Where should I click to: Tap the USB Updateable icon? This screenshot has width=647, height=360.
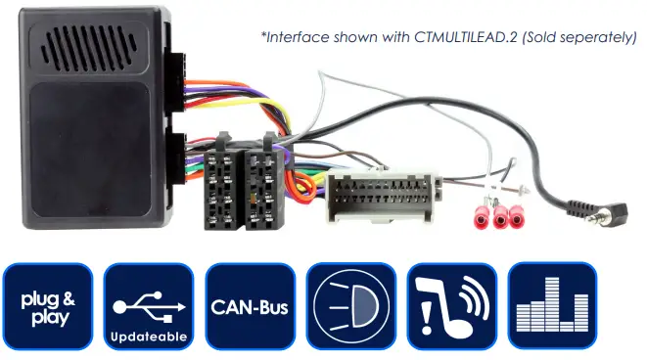(149, 306)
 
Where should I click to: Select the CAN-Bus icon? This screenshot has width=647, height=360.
(249, 306)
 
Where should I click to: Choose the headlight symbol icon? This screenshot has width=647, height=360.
(349, 306)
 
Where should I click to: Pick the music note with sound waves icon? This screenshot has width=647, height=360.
(450, 306)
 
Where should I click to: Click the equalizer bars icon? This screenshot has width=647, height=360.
(551, 306)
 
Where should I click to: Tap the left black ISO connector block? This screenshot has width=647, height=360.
(220, 190)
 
